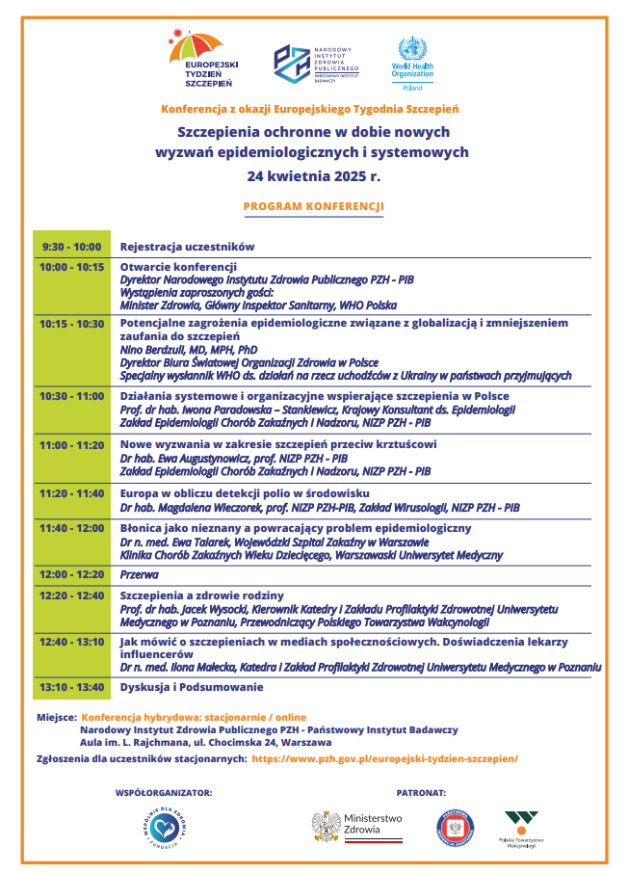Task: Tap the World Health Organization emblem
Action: pos(412,51)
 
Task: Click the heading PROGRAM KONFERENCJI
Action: pos(314,206)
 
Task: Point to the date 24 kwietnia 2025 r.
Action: pos(314,177)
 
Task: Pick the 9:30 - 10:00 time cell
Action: pos(72,247)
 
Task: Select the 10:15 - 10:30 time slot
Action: pos(72,323)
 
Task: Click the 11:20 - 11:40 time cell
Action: pos(72,493)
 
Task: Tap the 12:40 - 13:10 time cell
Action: pos(72,641)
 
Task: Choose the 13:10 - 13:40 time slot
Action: pos(72,687)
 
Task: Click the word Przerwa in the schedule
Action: pos(140,573)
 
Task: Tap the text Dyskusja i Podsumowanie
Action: pos(191,687)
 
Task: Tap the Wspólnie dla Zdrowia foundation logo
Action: pos(160,828)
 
